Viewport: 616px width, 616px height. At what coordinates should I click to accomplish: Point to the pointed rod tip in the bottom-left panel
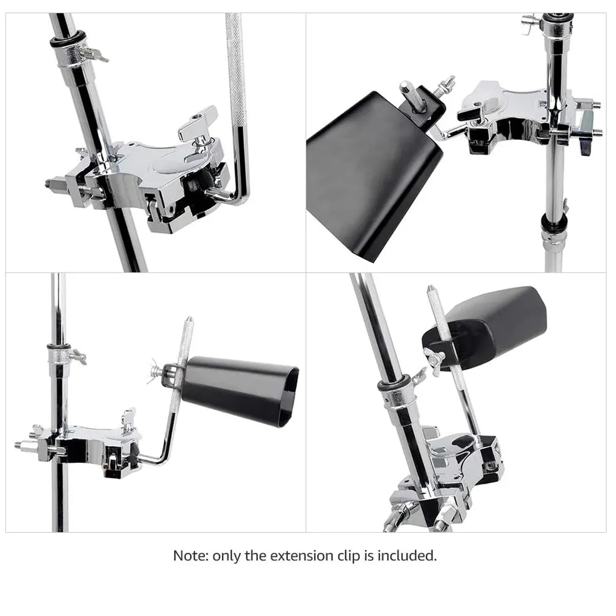189,319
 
